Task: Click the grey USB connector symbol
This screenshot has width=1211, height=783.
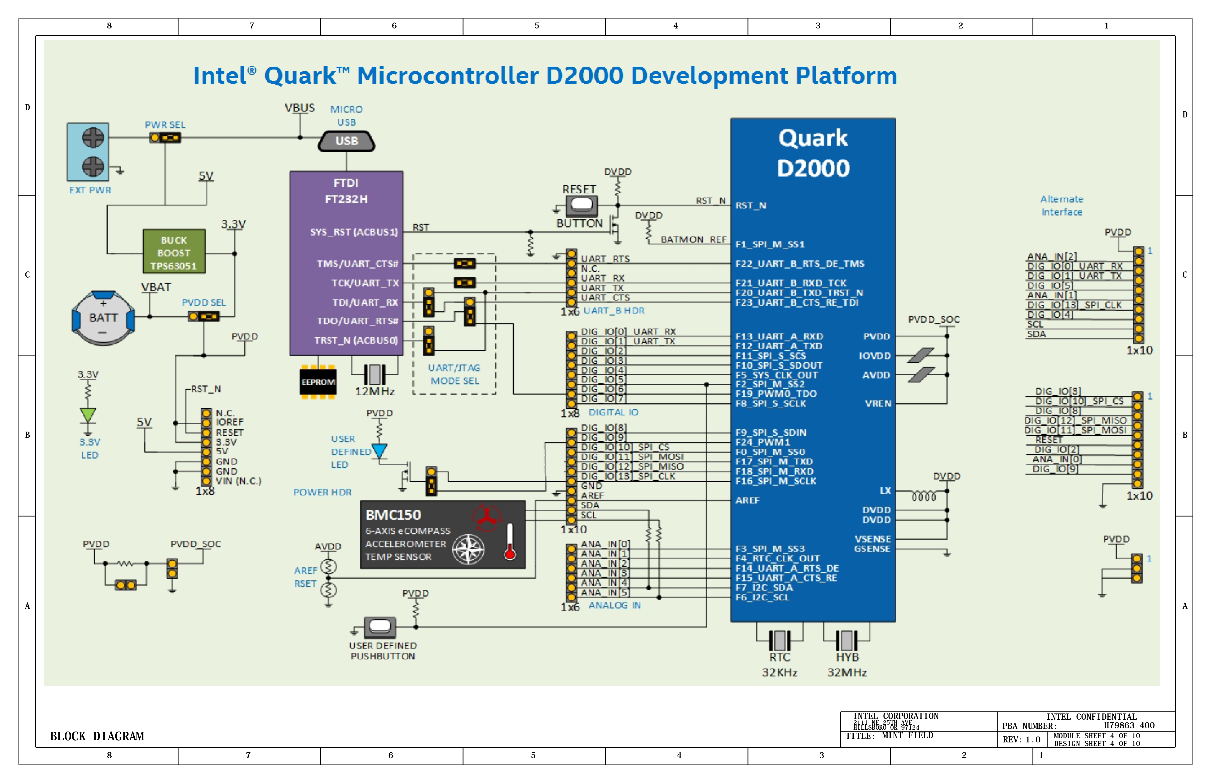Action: (x=346, y=141)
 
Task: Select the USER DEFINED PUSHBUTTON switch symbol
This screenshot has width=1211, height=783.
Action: (x=380, y=627)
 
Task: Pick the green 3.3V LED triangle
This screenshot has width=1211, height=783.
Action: (x=88, y=415)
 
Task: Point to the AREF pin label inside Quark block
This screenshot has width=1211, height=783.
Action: (x=747, y=500)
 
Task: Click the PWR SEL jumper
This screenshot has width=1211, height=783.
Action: (x=165, y=138)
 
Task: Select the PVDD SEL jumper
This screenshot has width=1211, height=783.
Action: (x=203, y=317)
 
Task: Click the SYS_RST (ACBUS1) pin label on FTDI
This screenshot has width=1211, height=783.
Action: (x=354, y=232)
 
